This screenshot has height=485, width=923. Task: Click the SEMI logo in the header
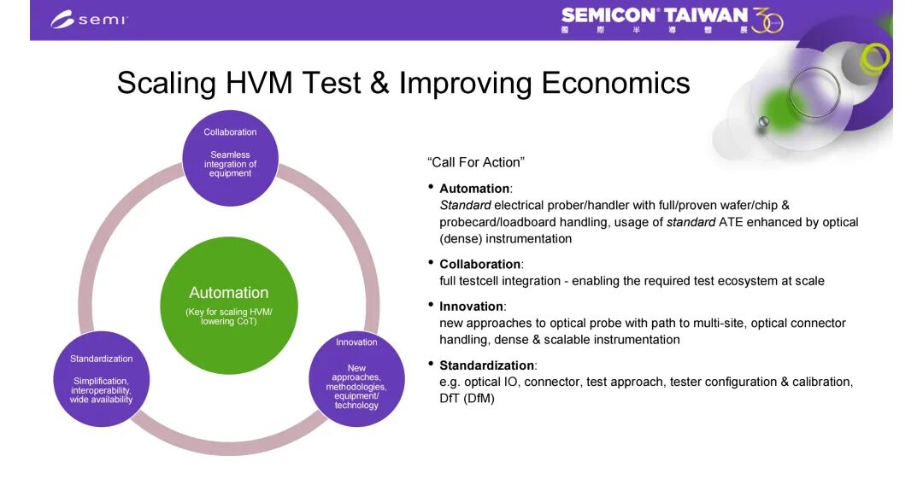point(89,20)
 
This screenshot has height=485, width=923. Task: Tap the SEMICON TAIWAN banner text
point(654,15)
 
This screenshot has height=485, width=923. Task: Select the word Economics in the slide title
point(615,83)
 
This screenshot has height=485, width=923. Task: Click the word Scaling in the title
point(167,84)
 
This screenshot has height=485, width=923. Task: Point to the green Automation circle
point(229,305)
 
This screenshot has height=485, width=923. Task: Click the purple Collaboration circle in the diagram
point(230,158)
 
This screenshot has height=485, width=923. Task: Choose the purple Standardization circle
point(101,378)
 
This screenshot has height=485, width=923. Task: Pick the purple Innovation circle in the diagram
point(356,378)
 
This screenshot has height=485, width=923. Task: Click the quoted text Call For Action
point(476,162)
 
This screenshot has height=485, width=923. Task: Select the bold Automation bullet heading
point(474,189)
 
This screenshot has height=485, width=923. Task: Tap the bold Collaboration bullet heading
point(479,265)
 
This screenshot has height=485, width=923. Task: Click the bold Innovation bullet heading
point(471,307)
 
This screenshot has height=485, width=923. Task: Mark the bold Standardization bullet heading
point(487,365)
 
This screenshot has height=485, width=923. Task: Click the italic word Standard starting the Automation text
point(465,205)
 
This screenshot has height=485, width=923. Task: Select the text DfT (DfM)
point(467,399)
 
